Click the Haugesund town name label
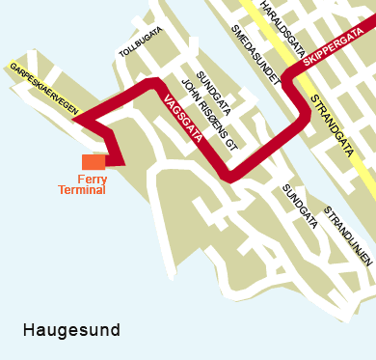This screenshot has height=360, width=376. (x=71, y=331)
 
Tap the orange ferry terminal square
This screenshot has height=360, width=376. (x=94, y=162)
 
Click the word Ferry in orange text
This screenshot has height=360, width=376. (x=92, y=179)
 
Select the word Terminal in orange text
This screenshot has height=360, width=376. (x=83, y=190)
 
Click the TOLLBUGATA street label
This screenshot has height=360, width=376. (x=140, y=42)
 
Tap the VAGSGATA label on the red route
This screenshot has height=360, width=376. (x=182, y=118)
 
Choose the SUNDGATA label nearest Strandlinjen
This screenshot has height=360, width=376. (x=299, y=206)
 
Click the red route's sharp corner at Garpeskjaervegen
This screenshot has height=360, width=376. (x=74, y=123)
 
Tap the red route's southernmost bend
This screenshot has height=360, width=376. (x=229, y=179)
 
